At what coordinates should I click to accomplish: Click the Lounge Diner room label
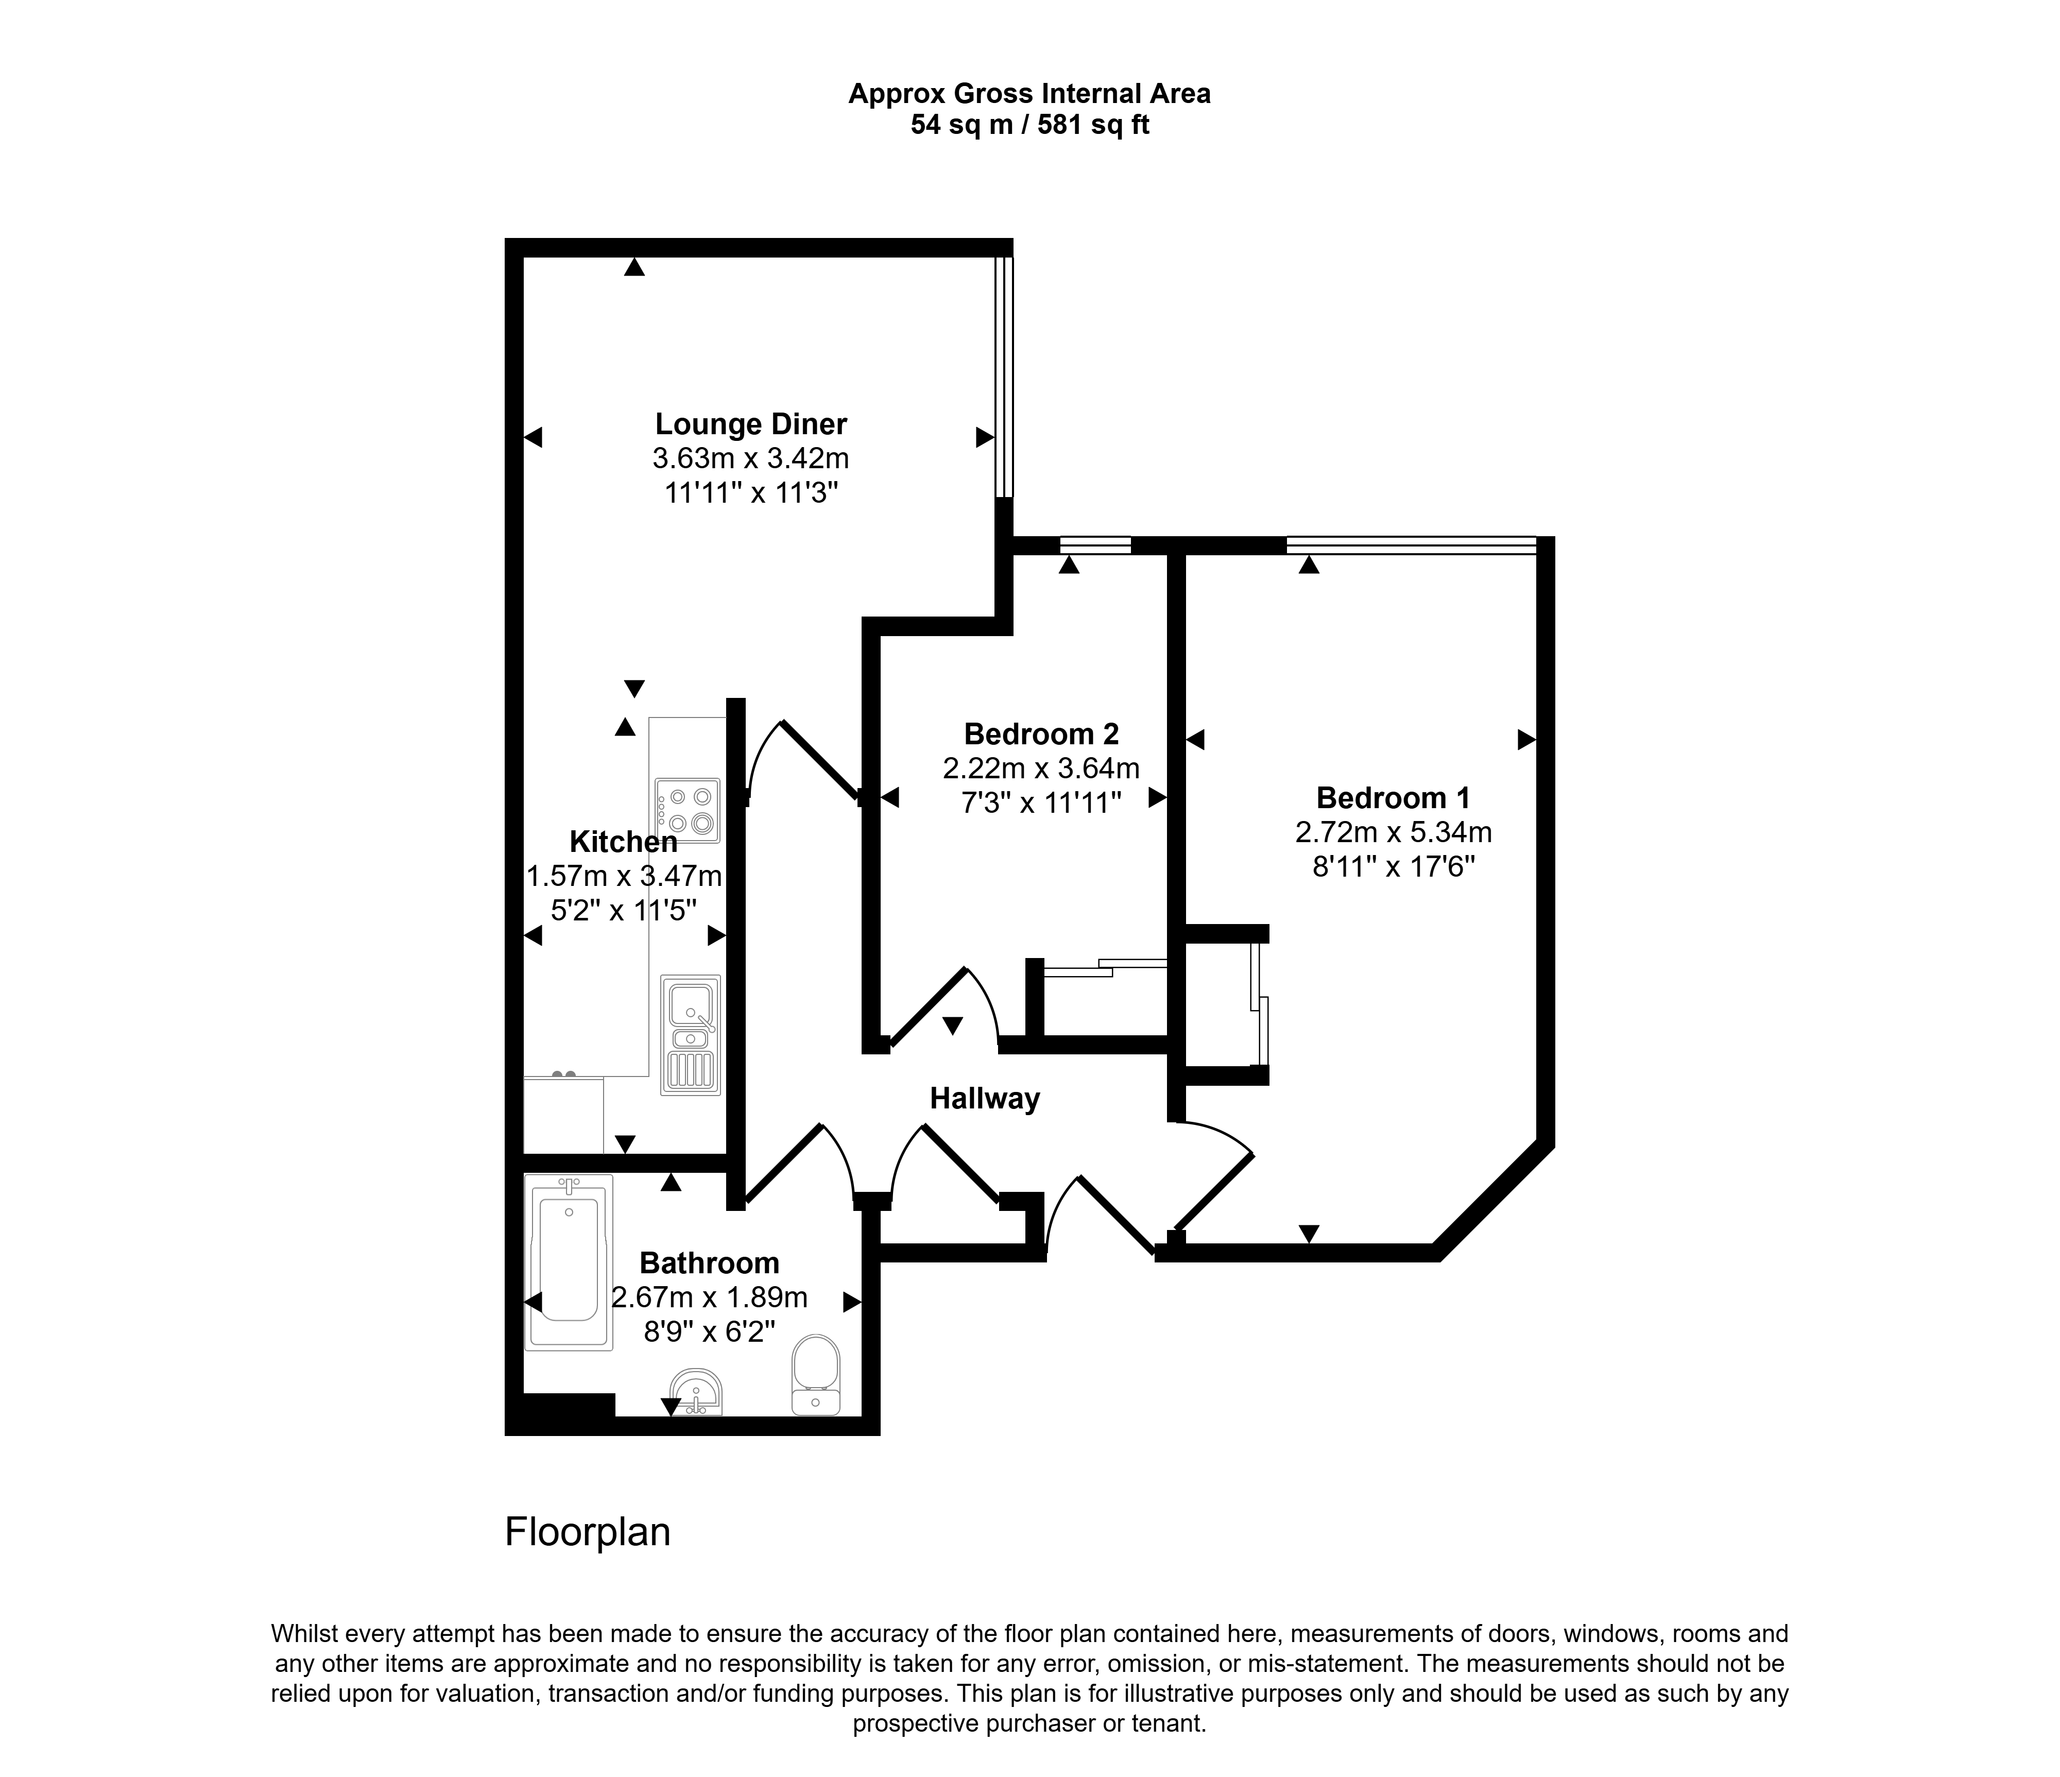(751, 424)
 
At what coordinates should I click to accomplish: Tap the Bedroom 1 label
(1393, 797)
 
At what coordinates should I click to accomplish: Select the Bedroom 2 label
(1041, 734)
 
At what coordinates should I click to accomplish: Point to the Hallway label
(984, 1099)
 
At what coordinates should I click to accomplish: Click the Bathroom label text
(709, 1263)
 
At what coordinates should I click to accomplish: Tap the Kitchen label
(623, 842)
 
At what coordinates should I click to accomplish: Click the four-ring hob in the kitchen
(687, 810)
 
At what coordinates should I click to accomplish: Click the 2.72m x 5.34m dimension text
(1393, 832)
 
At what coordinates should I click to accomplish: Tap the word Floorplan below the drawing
(588, 1532)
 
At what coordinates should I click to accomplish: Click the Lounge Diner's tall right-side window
(1005, 377)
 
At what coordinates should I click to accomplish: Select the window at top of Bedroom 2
(1095, 545)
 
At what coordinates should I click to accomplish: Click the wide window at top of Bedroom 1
(1412, 545)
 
